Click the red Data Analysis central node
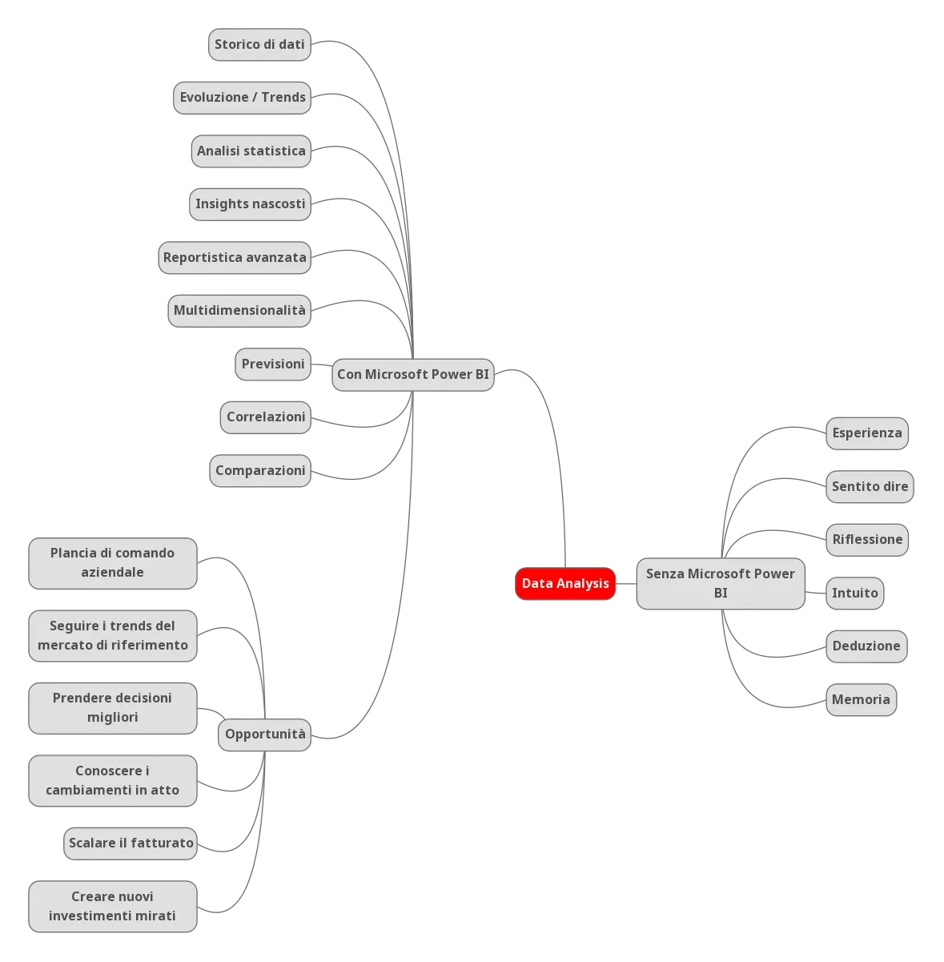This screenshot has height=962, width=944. pyautogui.click(x=565, y=583)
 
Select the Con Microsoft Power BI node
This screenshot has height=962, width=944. pyautogui.click(x=413, y=374)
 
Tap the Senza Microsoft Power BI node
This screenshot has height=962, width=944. pyautogui.click(x=720, y=584)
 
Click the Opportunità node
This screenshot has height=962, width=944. pyautogui.click(x=265, y=734)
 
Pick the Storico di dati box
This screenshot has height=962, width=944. pyautogui.click(x=259, y=44)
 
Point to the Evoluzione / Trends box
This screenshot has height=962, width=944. pyautogui.click(x=243, y=97)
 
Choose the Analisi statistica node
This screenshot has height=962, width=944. pyautogui.click(x=251, y=151)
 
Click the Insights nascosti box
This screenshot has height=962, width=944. pyautogui.click(x=251, y=203)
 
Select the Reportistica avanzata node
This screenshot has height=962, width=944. pyautogui.click(x=235, y=257)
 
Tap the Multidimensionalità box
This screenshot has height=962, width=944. pyautogui.click(x=239, y=310)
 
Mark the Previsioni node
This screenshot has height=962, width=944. pyautogui.click(x=273, y=364)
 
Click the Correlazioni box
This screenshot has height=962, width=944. pyautogui.click(x=266, y=417)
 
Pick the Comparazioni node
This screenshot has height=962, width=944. pyautogui.click(x=260, y=470)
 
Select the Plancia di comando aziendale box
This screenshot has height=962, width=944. pyautogui.click(x=112, y=562)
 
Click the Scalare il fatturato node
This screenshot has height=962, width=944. pyautogui.click(x=131, y=843)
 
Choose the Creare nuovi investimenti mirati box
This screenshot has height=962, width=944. pyautogui.click(x=112, y=906)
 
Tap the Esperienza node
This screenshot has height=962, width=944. pyautogui.click(x=866, y=433)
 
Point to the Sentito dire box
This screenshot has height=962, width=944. pyautogui.click(x=870, y=486)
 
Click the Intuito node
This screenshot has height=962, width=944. pyautogui.click(x=855, y=593)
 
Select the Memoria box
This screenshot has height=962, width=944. pyautogui.click(x=861, y=699)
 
